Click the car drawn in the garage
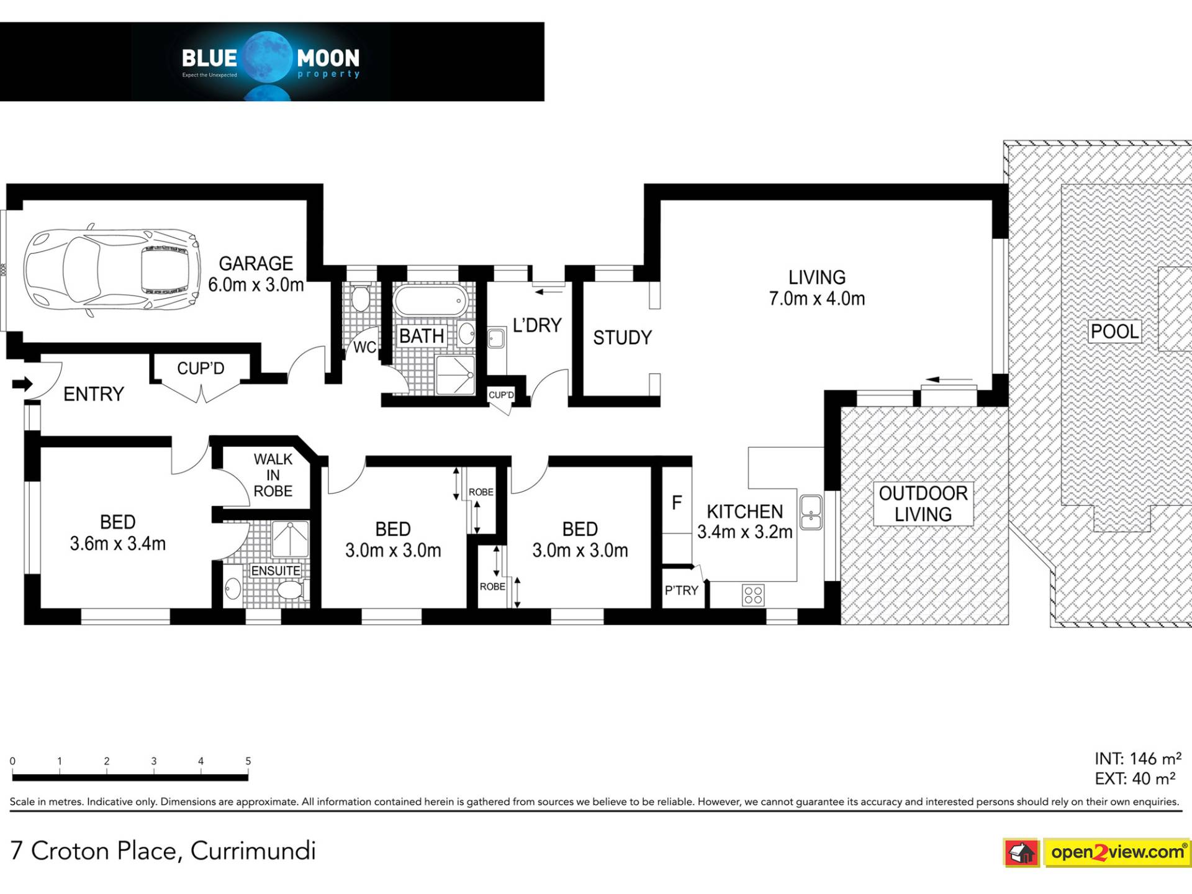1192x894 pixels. pos(112,271)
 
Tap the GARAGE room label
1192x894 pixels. pos(256,264)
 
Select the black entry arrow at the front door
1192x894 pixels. pos(22,384)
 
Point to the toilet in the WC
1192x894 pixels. pos(360,297)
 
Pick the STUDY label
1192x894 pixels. pos(623,338)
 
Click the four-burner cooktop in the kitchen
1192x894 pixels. pos(753,595)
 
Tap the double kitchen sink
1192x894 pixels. pos(811,512)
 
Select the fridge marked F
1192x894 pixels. pos(677,502)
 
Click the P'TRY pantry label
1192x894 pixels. pos(682,590)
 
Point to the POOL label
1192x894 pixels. pos(1115,332)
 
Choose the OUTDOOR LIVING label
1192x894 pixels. pos(923,503)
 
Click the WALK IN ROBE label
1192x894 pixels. pos(273,475)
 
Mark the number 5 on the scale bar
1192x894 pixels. pos(248,761)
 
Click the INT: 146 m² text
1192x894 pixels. pos(1138,759)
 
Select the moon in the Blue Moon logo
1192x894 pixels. pos(267,57)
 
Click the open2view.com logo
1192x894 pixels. pos(1096,852)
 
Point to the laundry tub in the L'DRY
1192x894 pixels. pos(496,338)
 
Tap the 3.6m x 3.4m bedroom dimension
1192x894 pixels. pos(118,544)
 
